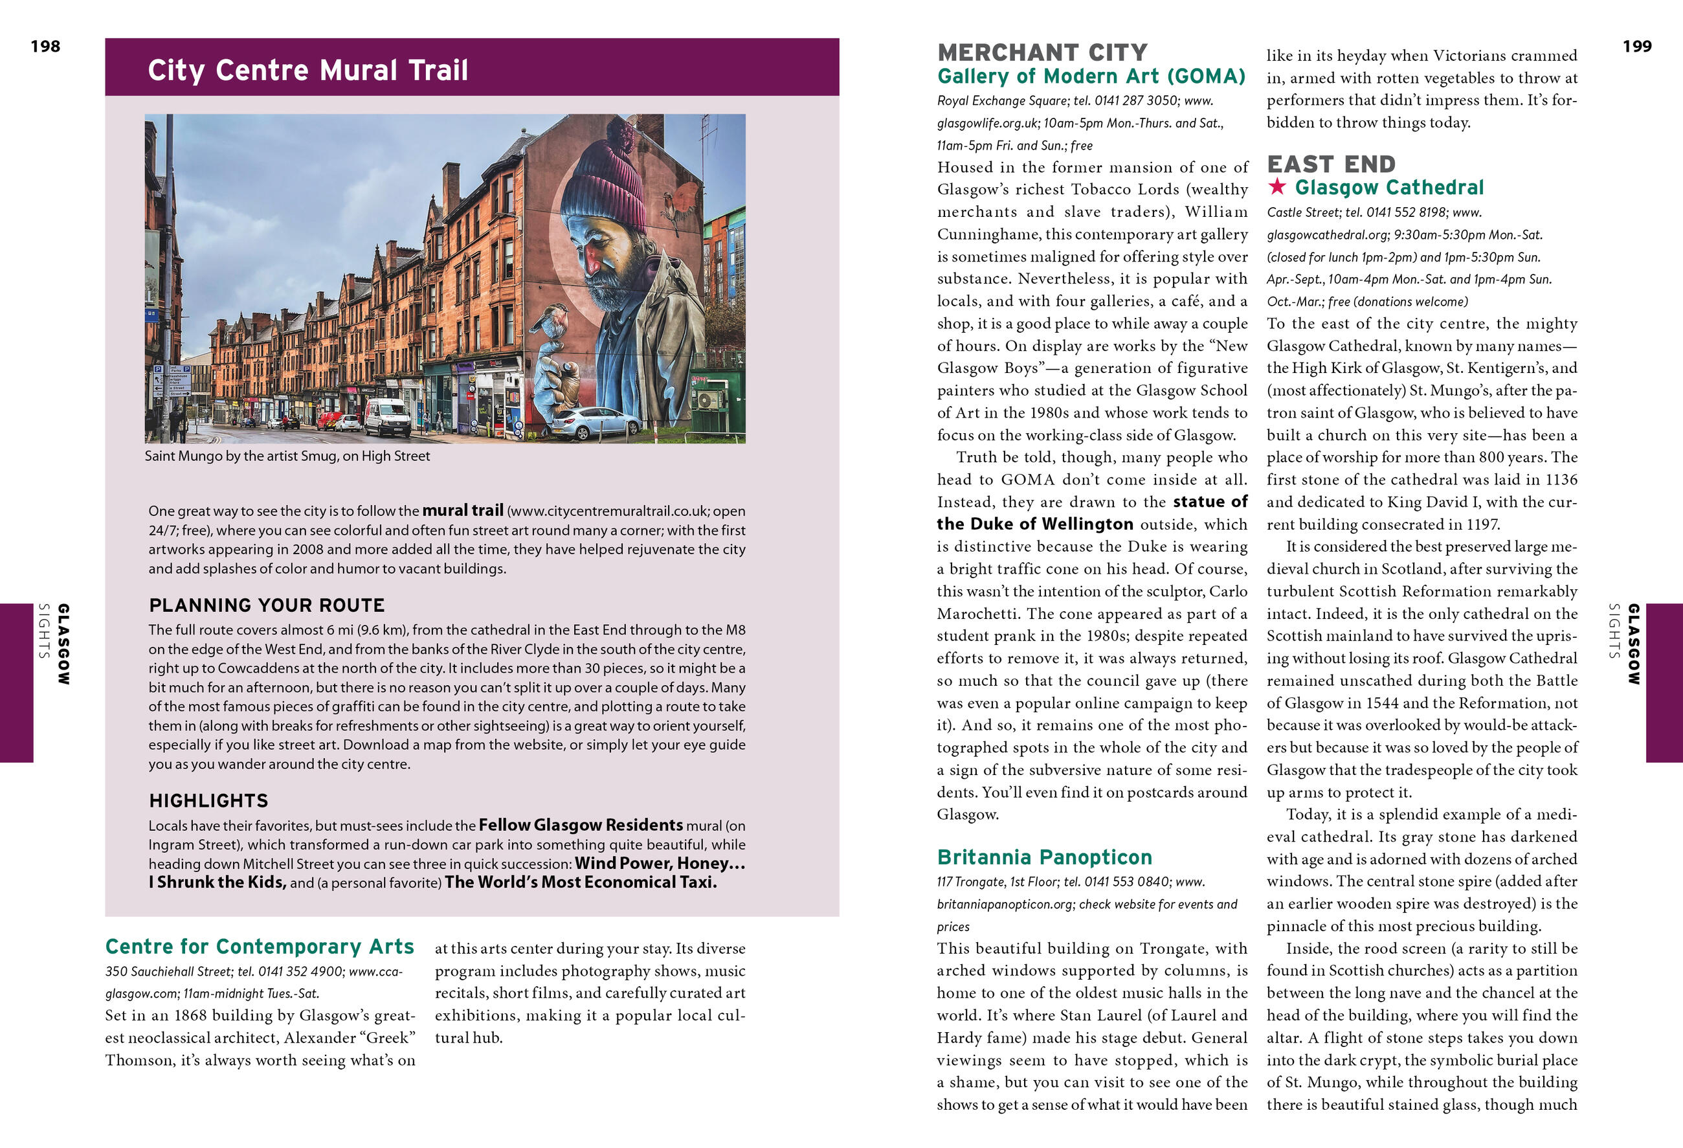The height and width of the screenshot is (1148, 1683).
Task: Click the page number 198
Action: tap(45, 47)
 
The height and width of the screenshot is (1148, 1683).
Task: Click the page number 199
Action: tap(1636, 47)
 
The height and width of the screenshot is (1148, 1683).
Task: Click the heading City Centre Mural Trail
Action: tap(307, 71)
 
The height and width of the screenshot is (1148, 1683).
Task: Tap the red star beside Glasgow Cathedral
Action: tap(1276, 187)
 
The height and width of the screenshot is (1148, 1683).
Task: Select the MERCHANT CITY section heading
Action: tap(1042, 52)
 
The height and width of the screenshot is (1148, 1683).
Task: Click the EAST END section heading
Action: tap(1331, 164)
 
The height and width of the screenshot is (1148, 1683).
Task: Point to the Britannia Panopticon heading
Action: tap(1044, 857)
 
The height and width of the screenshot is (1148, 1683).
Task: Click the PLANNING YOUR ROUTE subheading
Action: tap(267, 605)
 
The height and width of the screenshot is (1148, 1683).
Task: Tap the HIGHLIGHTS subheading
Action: tap(208, 800)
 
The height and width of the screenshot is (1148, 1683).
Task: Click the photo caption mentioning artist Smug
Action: tap(287, 456)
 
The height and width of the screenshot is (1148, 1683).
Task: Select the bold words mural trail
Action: tap(463, 510)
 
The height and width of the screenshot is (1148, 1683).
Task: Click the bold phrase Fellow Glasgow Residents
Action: tap(580, 825)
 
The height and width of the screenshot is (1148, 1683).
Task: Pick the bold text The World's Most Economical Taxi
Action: tap(580, 882)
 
